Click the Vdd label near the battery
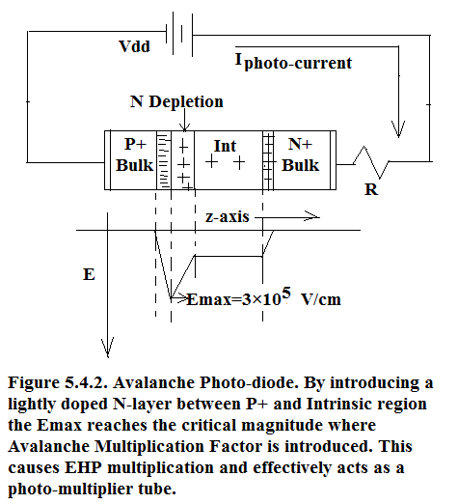[134, 46]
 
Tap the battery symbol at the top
[179, 34]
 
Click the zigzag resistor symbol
[371, 162]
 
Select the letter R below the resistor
[371, 189]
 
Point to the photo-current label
[294, 61]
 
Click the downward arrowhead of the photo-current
[398, 129]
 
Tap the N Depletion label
[176, 102]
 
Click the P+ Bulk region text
[135, 154]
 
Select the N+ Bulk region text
[301, 154]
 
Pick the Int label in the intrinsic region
[225, 146]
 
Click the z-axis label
[228, 216]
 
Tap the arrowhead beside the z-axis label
[311, 217]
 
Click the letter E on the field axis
[89, 275]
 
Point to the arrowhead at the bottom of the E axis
[108, 348]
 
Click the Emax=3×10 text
[233, 300]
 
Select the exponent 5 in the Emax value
[286, 293]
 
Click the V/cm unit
[321, 300]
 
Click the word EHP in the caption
[83, 467]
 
